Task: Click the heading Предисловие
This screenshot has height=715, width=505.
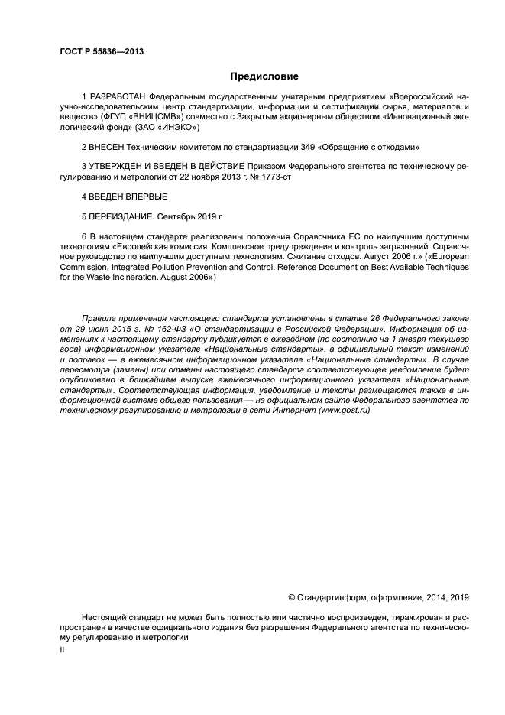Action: click(x=264, y=76)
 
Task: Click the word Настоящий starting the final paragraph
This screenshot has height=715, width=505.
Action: click(x=106, y=616)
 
